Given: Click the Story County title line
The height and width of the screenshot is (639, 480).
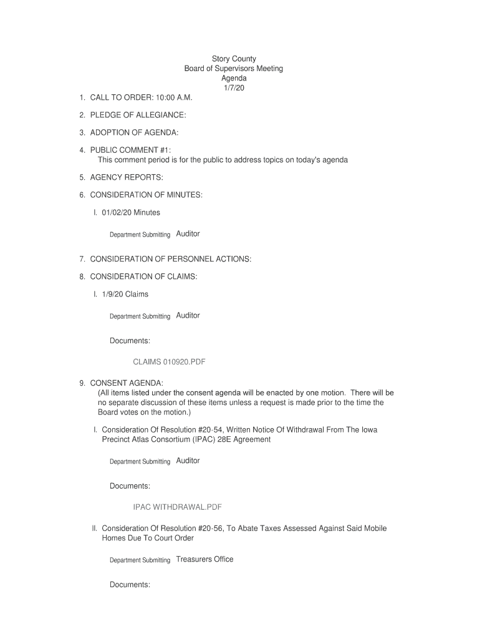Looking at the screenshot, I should click(x=234, y=59).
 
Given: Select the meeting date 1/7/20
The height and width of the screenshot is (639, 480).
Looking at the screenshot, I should click(x=234, y=88).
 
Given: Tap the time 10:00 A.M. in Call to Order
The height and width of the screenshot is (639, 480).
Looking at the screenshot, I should click(x=168, y=98).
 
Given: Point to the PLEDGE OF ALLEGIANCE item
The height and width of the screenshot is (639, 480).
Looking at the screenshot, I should click(x=138, y=115).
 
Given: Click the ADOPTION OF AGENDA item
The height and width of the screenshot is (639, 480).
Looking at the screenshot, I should click(x=134, y=133).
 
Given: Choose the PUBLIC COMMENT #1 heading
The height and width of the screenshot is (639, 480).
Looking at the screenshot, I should click(x=130, y=150).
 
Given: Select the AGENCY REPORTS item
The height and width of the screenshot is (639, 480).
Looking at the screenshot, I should click(x=127, y=178).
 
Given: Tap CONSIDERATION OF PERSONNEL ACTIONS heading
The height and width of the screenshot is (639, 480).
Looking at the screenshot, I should click(x=171, y=259).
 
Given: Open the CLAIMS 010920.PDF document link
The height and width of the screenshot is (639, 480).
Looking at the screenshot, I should click(x=170, y=362).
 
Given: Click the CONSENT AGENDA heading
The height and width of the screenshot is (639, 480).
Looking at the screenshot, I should click(x=127, y=383).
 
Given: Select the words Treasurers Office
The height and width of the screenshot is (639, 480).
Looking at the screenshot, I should click(x=204, y=559).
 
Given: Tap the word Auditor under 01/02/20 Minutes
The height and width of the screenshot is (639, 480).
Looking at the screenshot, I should click(x=188, y=234).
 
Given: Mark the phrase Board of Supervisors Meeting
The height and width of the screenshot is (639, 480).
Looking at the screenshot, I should click(x=234, y=69).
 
